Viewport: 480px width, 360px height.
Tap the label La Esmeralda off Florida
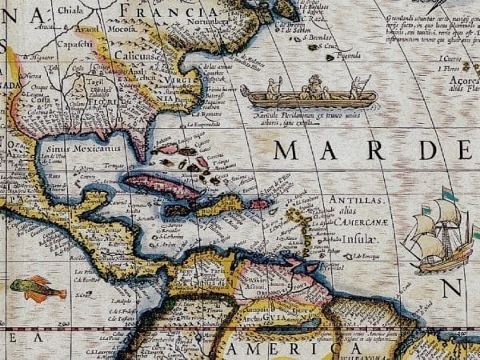click(x=204, y=125)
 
